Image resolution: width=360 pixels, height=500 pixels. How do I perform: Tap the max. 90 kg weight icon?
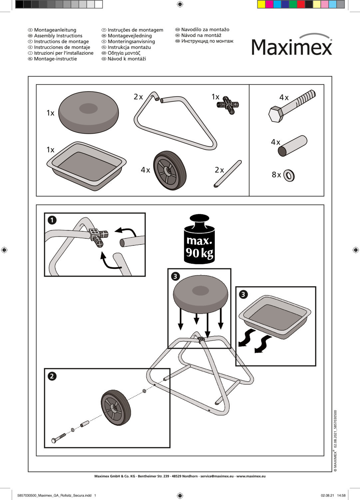point(199,240)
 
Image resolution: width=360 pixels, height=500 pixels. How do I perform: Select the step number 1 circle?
point(52,220)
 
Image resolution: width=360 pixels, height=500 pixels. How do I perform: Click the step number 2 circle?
point(52,376)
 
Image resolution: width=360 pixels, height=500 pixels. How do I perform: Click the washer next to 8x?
point(289,175)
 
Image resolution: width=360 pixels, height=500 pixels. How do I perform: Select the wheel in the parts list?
point(169,170)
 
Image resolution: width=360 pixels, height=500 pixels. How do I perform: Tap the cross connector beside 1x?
point(228,105)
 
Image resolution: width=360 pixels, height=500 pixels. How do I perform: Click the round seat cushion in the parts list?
point(88,112)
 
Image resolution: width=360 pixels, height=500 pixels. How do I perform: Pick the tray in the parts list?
point(87,165)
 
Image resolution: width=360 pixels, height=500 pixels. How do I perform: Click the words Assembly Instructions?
point(58,36)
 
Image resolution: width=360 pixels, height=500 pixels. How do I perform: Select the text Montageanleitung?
point(55,30)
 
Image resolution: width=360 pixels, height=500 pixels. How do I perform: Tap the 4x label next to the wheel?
point(145,170)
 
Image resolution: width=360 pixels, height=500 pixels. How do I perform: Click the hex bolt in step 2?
point(59,438)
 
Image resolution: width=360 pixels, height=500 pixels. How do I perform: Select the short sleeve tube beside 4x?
point(292,146)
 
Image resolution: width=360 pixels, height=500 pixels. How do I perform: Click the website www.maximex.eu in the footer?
point(251,476)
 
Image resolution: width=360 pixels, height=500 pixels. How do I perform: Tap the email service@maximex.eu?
point(217,476)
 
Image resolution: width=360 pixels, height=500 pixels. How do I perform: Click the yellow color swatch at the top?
point(261,4)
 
